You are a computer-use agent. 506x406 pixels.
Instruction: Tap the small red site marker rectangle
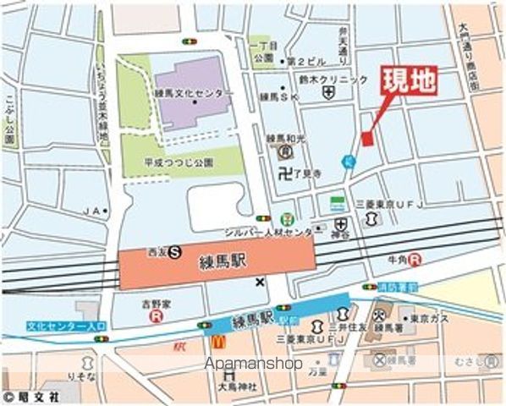coord(367,139)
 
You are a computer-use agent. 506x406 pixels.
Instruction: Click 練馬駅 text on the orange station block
coord(223,263)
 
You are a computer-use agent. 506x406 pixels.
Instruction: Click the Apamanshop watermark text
coord(254,364)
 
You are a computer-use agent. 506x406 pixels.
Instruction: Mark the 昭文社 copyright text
coord(31,396)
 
